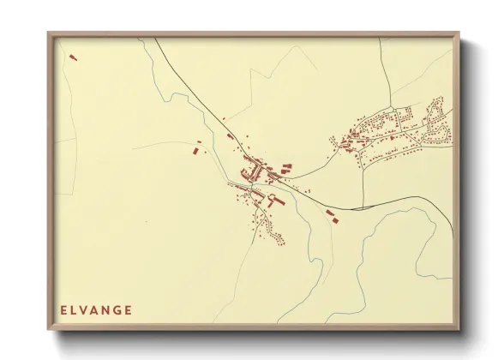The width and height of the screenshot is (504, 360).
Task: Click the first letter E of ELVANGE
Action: point(63,309)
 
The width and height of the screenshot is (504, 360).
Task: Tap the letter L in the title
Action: point(75,309)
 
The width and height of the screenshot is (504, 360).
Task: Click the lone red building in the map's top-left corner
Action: point(72,58)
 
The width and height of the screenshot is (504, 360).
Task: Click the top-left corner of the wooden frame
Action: point(49,34)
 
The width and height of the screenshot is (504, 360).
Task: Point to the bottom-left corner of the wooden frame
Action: point(49,328)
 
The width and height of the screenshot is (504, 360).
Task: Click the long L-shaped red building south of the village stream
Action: point(274,201)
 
